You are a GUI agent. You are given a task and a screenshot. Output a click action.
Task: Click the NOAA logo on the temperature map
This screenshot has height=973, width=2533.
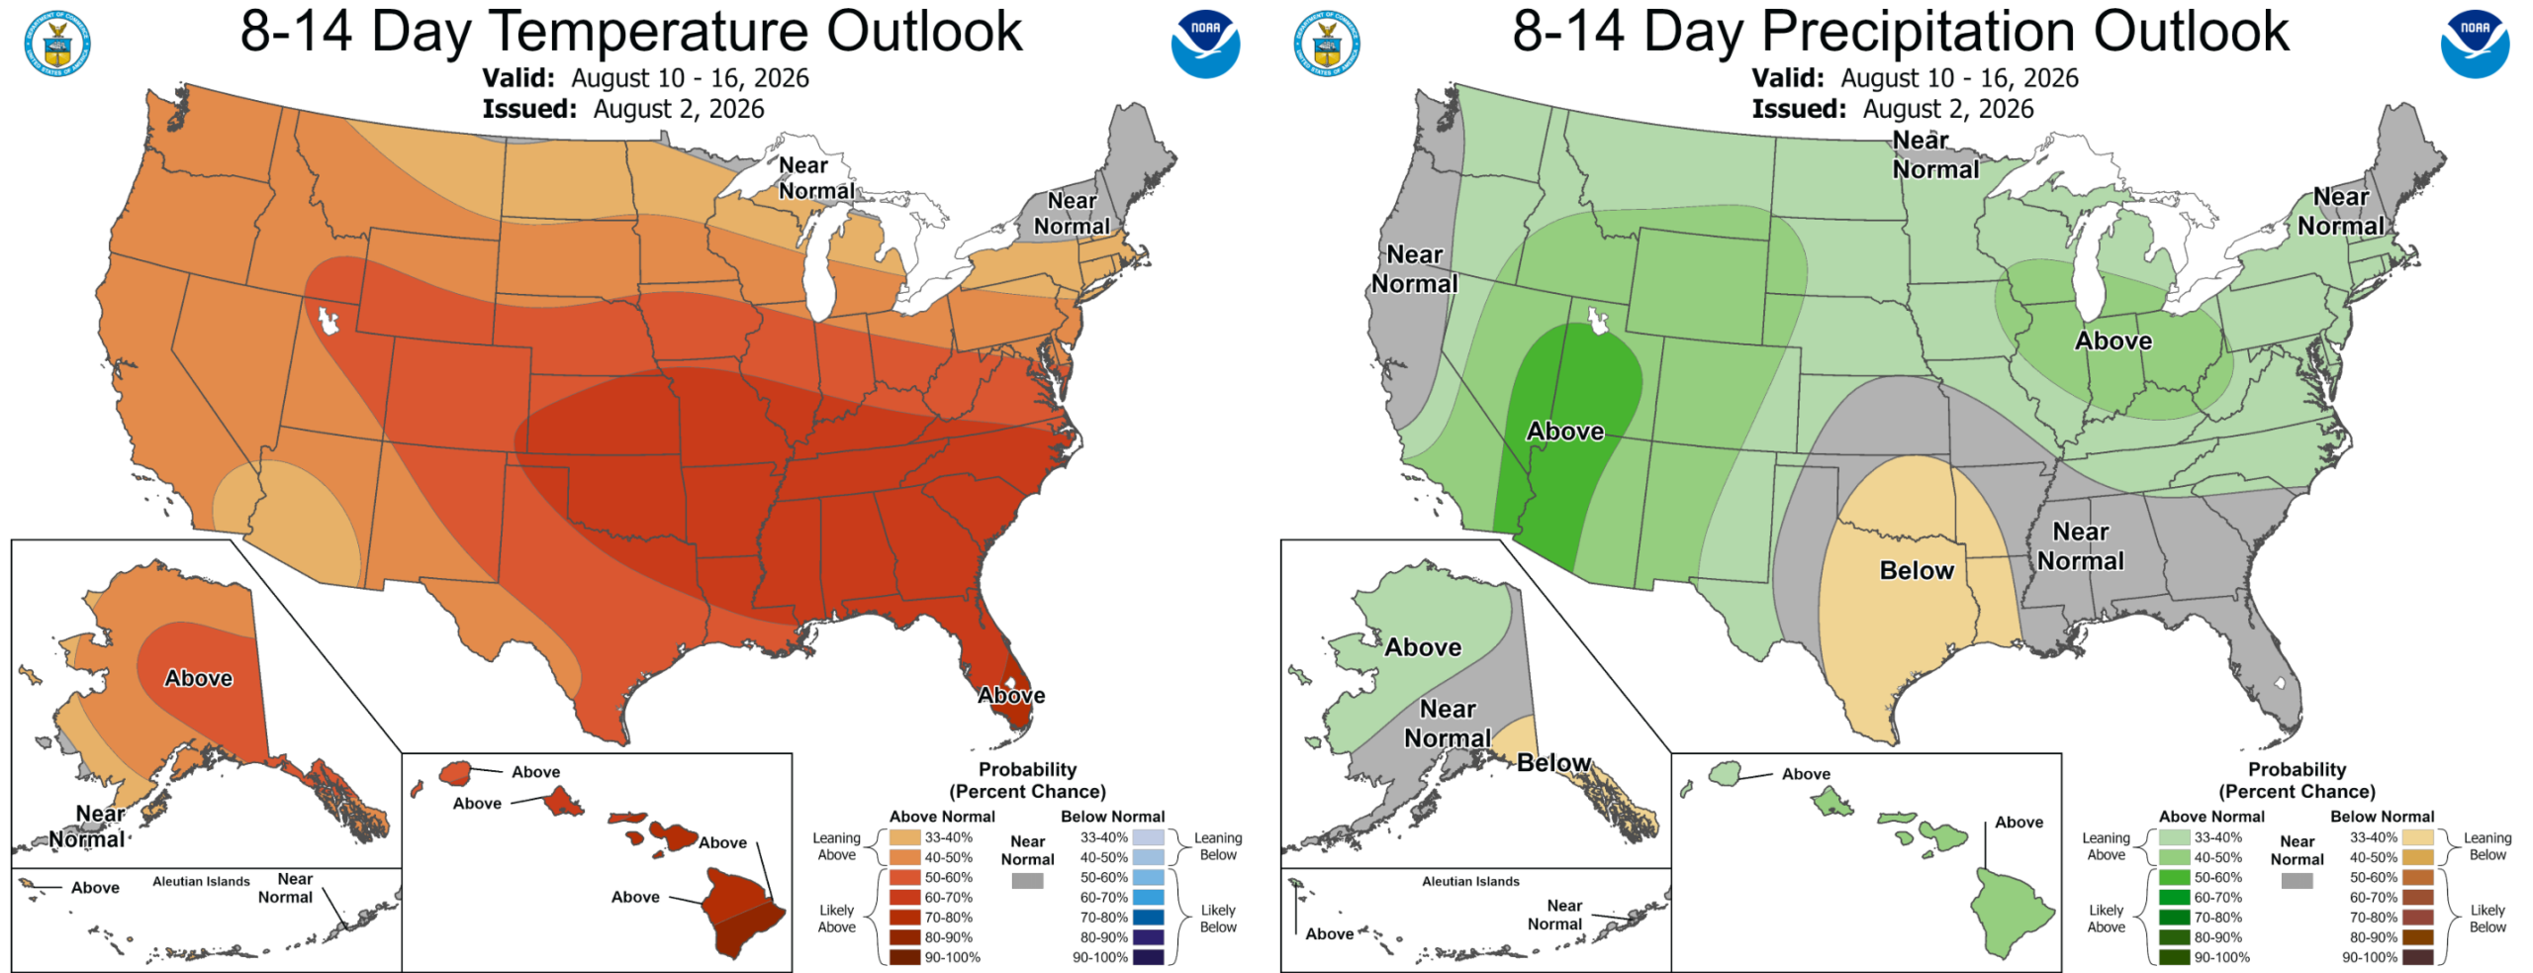1205,44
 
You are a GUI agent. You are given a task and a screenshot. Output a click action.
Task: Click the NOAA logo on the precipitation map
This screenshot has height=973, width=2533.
2475,44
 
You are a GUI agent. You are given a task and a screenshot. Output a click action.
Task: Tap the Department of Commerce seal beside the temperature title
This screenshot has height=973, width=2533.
58,44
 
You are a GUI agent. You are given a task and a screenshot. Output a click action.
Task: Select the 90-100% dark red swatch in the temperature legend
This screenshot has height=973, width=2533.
904,957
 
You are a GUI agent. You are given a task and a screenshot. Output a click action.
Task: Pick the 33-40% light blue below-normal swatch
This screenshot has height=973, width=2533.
1148,837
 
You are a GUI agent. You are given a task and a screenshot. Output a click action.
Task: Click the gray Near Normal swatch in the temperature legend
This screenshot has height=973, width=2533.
1027,880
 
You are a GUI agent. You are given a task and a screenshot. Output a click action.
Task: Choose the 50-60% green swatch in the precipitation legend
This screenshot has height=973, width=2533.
2174,877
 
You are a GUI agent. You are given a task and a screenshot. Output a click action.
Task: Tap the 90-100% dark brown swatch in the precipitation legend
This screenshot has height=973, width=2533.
2417,957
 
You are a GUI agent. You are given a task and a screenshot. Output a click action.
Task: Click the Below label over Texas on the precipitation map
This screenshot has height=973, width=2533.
1917,571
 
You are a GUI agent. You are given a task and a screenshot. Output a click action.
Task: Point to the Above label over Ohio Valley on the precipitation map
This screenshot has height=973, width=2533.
2113,341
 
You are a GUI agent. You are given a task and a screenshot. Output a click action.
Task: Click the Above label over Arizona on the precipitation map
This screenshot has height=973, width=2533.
1565,432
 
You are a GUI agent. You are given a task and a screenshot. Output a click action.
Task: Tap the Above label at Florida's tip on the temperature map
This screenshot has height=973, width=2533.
1011,696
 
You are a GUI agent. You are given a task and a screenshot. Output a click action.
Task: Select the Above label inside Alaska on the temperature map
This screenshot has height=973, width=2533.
199,678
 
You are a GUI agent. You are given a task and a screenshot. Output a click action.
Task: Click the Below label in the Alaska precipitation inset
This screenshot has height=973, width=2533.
1553,763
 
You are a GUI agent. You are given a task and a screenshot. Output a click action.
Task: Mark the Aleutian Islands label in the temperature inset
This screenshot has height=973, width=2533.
201,881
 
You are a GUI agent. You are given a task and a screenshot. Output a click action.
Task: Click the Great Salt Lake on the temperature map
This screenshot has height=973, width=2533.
328,321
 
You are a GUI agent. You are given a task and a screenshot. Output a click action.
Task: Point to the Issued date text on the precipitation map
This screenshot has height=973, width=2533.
1893,109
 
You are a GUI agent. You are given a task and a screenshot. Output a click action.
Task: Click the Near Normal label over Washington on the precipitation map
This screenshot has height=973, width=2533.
1415,269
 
